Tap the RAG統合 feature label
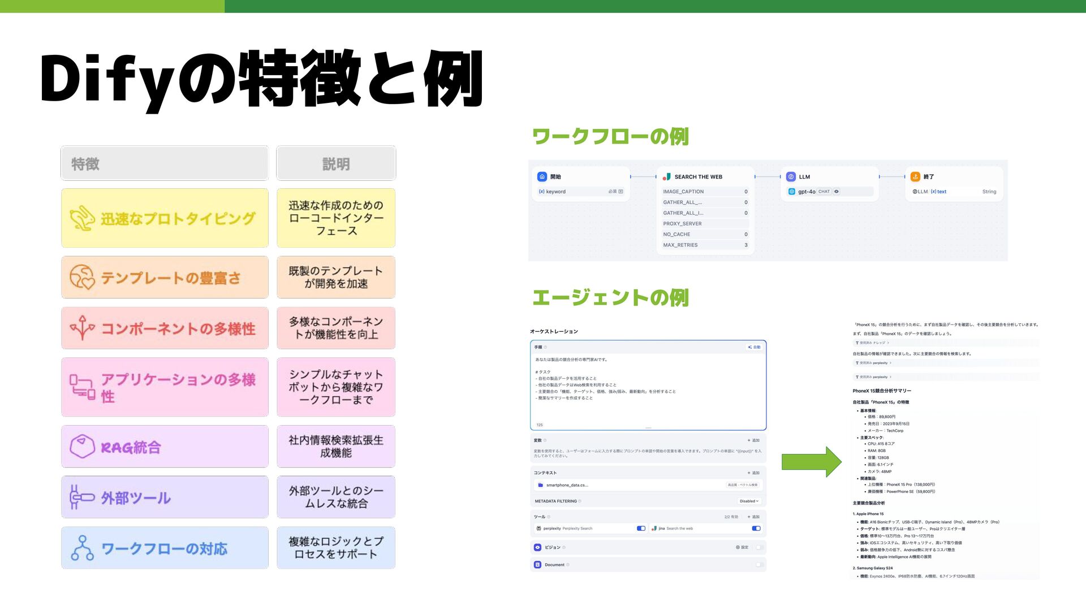pos(131,448)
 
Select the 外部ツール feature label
pos(136,498)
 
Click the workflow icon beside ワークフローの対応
pos(83,548)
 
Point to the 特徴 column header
pos(85,164)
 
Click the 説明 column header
pos(336,164)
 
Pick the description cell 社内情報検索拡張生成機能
pos(336,447)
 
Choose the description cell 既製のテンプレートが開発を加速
pos(336,278)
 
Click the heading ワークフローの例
pos(610,136)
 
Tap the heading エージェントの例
pos(610,298)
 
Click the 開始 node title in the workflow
pos(555,177)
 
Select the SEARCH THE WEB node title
pos(698,177)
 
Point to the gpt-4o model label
pos(807,192)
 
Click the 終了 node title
pos(929,177)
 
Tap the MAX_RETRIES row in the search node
pos(680,245)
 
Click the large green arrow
pos(811,462)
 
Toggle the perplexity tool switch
pos(641,528)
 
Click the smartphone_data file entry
pos(567,485)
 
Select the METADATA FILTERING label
pos(555,501)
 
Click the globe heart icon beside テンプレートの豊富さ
pos(82,278)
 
